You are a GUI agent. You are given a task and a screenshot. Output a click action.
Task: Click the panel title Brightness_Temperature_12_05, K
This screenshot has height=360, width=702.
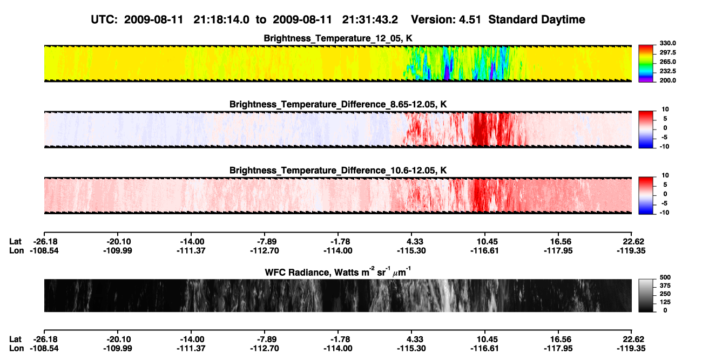coord(338,38)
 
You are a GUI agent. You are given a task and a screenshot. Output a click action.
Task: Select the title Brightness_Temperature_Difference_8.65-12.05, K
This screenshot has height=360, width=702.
coord(338,104)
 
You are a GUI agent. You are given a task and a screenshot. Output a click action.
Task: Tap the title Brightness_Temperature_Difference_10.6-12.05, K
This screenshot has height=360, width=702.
coord(338,171)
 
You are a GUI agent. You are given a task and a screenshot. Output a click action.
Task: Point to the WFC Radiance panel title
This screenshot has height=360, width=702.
coord(338,272)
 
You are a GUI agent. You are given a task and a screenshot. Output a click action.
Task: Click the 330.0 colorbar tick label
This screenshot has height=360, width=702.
coord(667,43)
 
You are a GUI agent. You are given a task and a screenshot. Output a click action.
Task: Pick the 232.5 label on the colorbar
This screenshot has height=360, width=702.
coord(667,71)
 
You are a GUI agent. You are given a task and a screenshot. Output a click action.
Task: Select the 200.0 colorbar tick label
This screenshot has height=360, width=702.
coord(667,80)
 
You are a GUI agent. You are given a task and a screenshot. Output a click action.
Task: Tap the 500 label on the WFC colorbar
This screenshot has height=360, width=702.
coord(665,277)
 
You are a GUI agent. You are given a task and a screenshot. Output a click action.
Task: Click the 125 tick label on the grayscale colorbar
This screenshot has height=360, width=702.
coord(665,302)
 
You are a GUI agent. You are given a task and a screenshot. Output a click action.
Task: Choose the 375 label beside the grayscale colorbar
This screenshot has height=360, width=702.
coord(665,286)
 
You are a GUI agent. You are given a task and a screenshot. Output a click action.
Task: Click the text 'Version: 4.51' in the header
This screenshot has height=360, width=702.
coord(446,19)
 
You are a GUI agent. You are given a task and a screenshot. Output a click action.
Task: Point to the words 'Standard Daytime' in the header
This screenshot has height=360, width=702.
coord(537,19)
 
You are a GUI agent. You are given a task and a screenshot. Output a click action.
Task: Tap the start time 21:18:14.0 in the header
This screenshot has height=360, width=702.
coord(221,19)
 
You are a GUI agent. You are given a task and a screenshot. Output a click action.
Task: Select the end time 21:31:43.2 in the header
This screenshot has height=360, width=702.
coord(370,19)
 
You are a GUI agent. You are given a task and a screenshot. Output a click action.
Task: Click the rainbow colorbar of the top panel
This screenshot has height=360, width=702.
coord(646,64)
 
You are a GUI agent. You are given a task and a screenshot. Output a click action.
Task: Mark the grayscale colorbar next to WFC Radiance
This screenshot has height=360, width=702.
coord(646,295)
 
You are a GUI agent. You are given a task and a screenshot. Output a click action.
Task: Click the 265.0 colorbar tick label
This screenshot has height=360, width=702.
coord(667,62)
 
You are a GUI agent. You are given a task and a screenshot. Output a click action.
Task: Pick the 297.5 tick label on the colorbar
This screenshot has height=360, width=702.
coord(667,52)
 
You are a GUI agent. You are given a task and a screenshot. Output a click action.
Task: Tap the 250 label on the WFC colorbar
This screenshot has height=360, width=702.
coord(665,294)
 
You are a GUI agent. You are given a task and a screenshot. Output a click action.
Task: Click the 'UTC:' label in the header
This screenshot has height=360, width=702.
coord(104,19)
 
